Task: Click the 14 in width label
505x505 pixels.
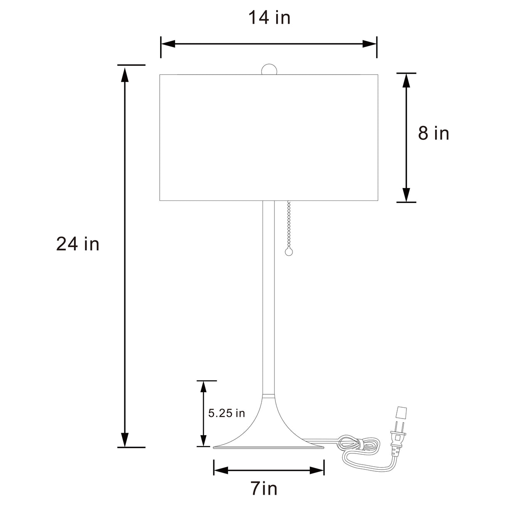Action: [x=269, y=18]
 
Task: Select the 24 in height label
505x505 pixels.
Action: [x=78, y=244]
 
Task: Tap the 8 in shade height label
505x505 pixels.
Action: [x=433, y=134]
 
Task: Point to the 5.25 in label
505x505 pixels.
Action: [x=226, y=413]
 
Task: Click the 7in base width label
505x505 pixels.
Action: [x=264, y=488]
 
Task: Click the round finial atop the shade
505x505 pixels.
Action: [x=269, y=69]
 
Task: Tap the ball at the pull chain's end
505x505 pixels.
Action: [x=288, y=252]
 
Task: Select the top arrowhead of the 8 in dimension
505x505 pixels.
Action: [x=406, y=80]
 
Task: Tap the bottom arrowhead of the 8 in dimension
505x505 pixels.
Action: [x=406, y=195]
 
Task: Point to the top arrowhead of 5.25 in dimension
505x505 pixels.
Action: [x=203, y=387]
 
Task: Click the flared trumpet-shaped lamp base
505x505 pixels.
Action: [x=268, y=428]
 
